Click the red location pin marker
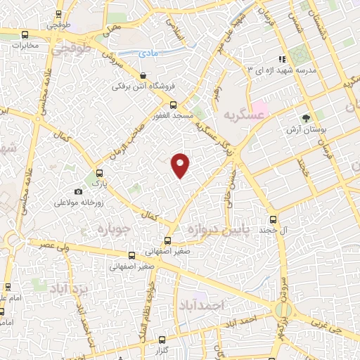(x=181, y=165)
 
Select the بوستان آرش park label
(x=304, y=129)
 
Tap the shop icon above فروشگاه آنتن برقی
(x=143, y=75)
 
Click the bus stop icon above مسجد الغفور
(x=163, y=108)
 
